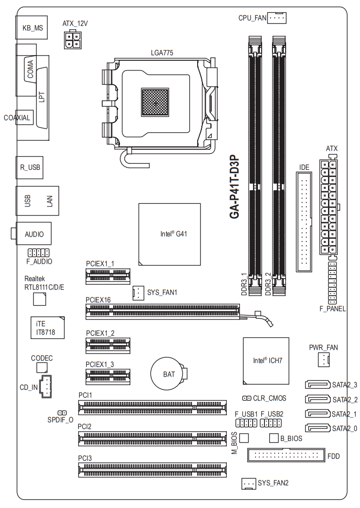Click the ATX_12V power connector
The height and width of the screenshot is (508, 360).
click(72, 40)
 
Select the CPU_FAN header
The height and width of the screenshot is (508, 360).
click(277, 18)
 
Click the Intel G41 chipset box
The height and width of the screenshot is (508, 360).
click(169, 234)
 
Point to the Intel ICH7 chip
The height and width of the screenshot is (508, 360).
click(266, 361)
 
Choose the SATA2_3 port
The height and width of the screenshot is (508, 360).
click(318, 385)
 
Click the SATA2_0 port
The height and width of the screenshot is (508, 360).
click(318, 428)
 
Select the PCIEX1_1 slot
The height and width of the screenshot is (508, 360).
click(108, 276)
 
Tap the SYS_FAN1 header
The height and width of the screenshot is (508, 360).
click(138, 293)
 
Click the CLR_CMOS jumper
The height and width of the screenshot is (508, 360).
click(247, 398)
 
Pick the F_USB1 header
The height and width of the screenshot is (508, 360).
click(247, 423)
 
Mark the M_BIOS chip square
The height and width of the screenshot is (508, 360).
click(244, 438)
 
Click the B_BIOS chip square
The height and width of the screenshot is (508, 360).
click(274, 438)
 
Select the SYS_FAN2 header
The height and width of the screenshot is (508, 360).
click(248, 484)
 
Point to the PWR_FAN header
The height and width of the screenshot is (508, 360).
click(324, 360)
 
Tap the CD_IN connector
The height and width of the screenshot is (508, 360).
click(45, 387)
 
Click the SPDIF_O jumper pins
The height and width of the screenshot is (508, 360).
click(62, 413)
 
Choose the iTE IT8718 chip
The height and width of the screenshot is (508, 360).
click(48, 328)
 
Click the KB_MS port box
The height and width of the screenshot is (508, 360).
click(32, 27)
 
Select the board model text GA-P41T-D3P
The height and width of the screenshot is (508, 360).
click(234, 186)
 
